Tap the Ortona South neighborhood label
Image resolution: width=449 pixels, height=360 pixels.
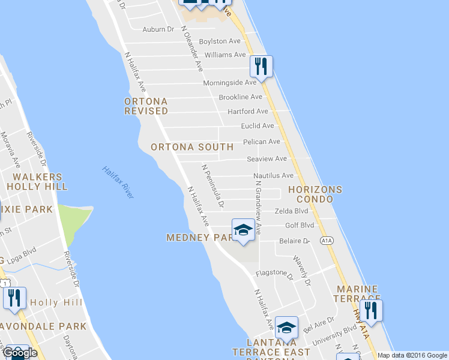(x=192, y=147)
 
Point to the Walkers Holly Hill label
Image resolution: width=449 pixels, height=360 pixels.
(x=38, y=181)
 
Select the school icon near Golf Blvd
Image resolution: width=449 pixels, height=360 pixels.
(x=243, y=230)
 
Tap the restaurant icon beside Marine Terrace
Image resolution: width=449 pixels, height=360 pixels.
(x=371, y=310)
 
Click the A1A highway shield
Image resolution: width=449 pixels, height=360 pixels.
(x=327, y=241)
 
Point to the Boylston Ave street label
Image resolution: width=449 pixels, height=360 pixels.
(x=220, y=41)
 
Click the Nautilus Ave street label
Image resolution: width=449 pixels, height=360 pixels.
(x=273, y=176)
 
